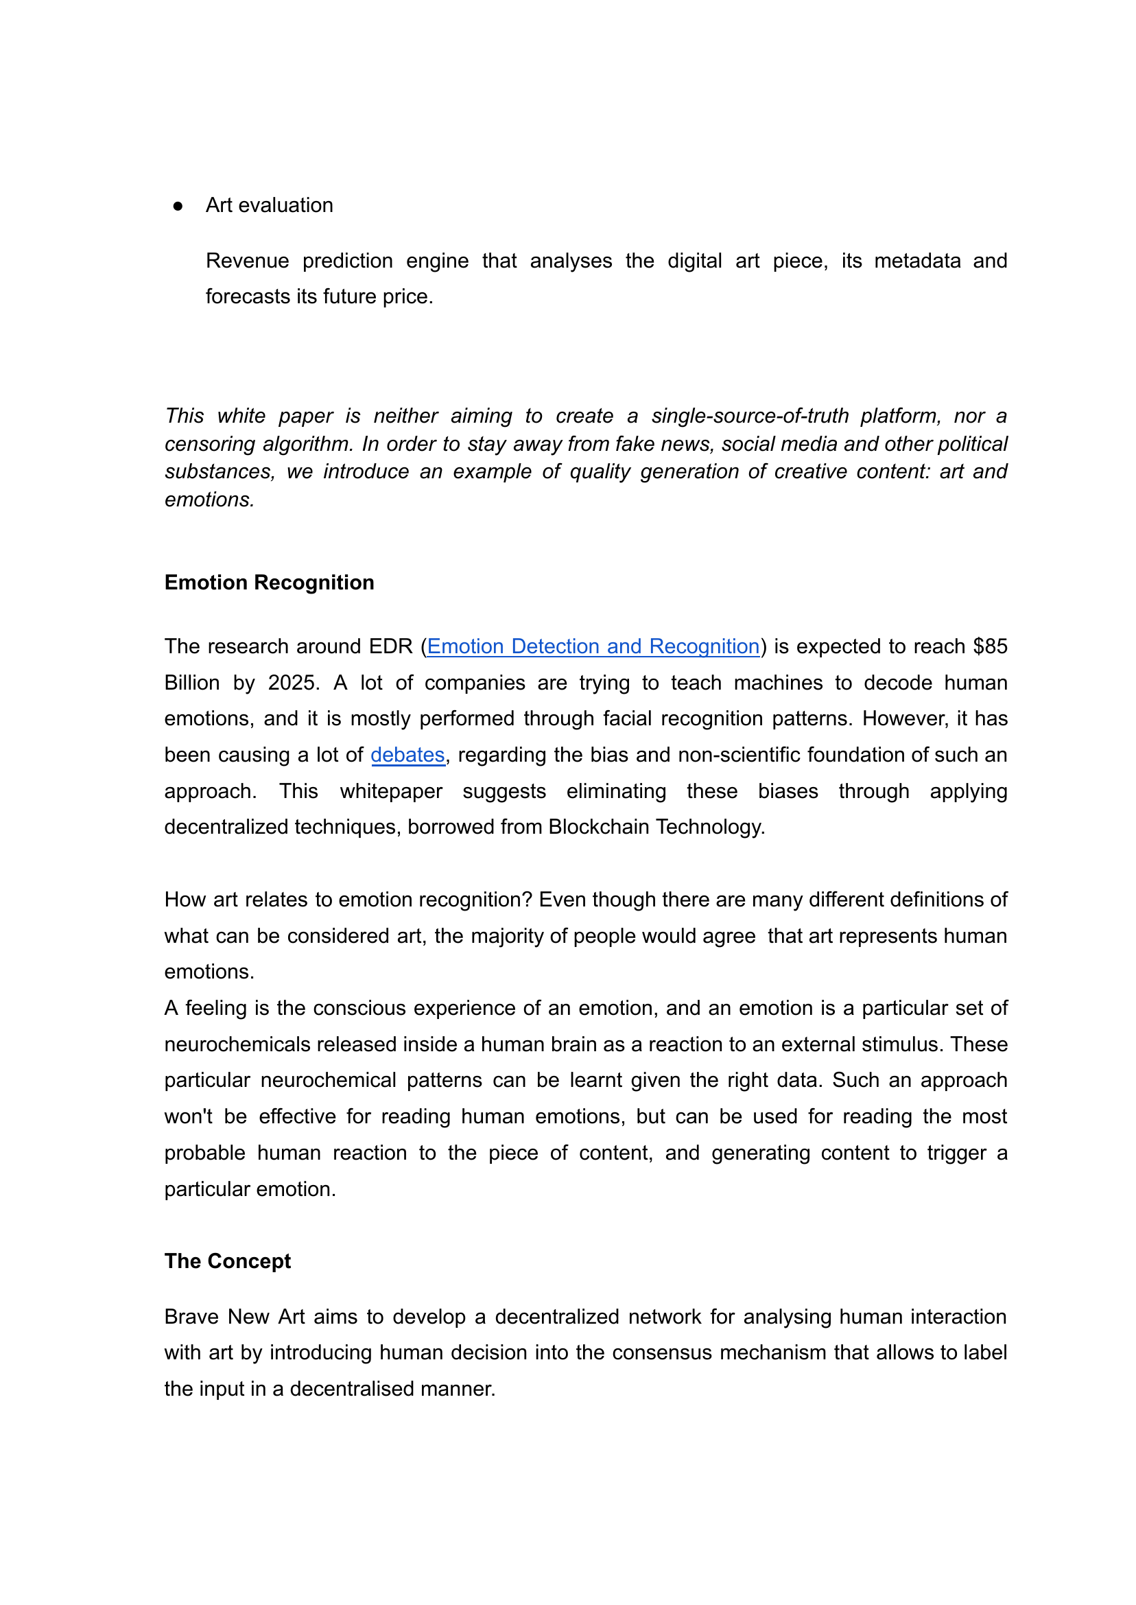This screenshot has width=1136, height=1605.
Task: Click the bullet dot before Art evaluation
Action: (178, 206)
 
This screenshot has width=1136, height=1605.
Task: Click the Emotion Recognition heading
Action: (269, 582)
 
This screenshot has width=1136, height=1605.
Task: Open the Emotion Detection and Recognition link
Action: (593, 646)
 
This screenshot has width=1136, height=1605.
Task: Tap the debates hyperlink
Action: (407, 754)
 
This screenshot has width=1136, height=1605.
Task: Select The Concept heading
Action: (227, 1260)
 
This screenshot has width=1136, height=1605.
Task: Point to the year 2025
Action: (293, 682)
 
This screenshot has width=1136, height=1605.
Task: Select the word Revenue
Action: (247, 260)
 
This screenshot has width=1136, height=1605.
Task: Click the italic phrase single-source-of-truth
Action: (749, 416)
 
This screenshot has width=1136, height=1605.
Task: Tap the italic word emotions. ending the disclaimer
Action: (209, 500)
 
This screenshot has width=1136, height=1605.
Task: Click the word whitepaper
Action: (391, 790)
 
